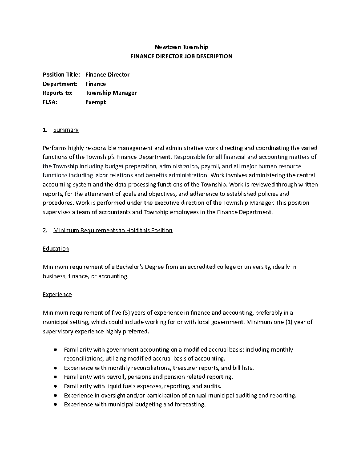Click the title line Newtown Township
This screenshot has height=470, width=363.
(181, 47)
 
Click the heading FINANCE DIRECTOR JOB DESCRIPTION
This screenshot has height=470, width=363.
(181, 57)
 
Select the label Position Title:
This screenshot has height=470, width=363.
(61, 75)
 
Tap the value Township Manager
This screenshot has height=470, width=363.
(111, 93)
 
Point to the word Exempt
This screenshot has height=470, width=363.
(96, 102)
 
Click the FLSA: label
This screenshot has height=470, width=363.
(50, 102)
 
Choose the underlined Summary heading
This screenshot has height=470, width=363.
(66, 130)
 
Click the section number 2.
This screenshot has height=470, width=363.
(45, 231)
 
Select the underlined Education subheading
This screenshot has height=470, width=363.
(56, 249)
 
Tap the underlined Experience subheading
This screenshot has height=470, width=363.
(57, 295)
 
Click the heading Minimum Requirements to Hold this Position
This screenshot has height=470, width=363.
(113, 231)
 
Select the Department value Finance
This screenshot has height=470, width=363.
(96, 84)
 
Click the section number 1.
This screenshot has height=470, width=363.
(45, 130)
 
